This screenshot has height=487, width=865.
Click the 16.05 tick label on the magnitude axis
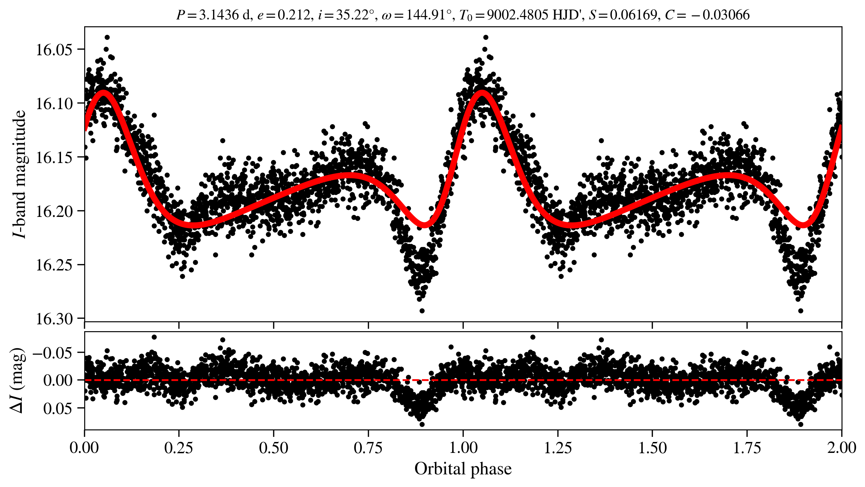54,50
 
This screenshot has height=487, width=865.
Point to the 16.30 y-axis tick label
54,319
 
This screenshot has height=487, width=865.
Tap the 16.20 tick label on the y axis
54,211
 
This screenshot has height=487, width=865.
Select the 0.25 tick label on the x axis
179,448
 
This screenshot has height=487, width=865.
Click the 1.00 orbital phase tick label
463,448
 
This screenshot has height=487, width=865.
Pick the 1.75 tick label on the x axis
747,448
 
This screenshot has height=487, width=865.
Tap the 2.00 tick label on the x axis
841,448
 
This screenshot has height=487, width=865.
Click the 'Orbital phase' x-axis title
463,469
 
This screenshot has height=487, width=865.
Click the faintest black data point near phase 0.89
422,311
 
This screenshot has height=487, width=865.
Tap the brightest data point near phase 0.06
107,37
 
